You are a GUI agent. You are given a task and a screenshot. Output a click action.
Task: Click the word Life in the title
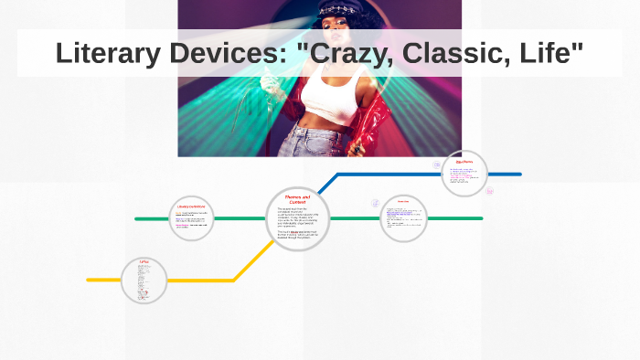tap(547, 53)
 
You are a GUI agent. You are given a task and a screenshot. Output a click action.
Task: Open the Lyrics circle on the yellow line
tap(144, 280)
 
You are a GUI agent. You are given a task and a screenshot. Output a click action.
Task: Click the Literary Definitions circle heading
tap(192, 206)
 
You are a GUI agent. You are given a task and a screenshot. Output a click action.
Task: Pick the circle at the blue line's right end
tap(464, 174)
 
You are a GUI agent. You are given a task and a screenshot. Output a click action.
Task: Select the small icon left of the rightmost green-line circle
tap(375, 203)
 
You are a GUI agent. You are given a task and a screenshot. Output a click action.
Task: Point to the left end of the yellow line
tap(90, 280)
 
